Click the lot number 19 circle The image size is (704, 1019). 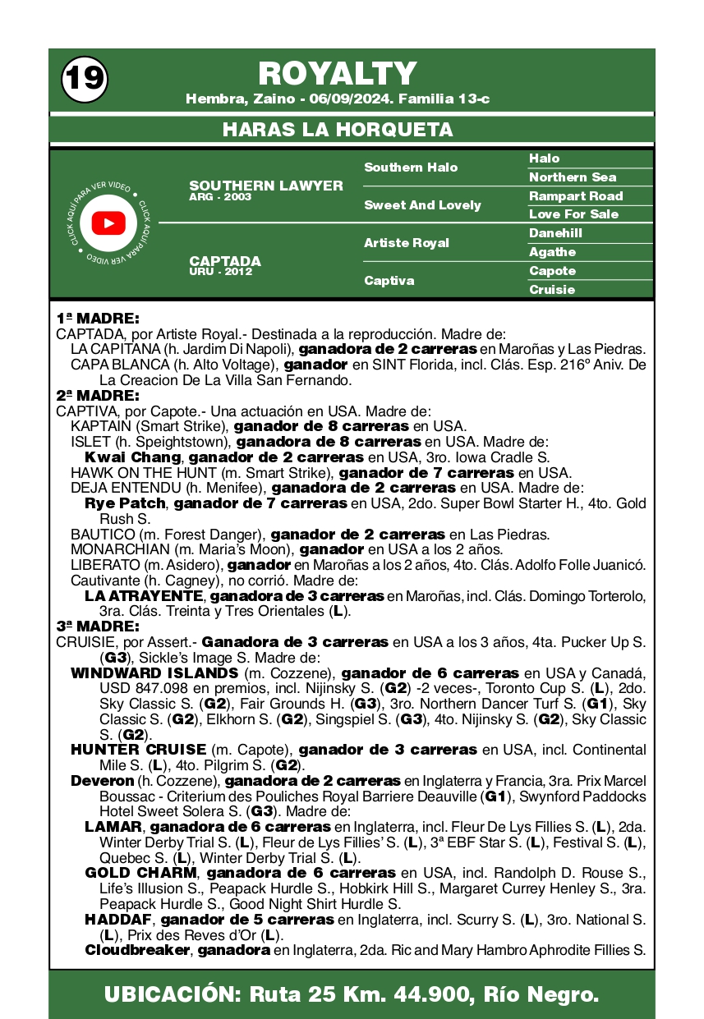[84, 78]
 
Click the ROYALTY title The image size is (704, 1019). [338, 74]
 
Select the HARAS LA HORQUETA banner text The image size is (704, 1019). [338, 130]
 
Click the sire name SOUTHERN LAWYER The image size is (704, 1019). [266, 186]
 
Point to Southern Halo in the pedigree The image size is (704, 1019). [411, 168]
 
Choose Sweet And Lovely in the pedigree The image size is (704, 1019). [422, 205]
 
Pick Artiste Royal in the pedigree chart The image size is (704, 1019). [407, 243]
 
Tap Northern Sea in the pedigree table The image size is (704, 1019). [573, 177]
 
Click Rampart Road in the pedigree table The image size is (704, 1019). [576, 196]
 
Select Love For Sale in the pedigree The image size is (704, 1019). [573, 214]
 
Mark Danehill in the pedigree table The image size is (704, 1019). [555, 233]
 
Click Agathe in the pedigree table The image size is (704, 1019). [552, 252]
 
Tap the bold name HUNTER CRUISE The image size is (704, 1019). [138, 750]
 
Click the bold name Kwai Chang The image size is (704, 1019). [132, 457]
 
